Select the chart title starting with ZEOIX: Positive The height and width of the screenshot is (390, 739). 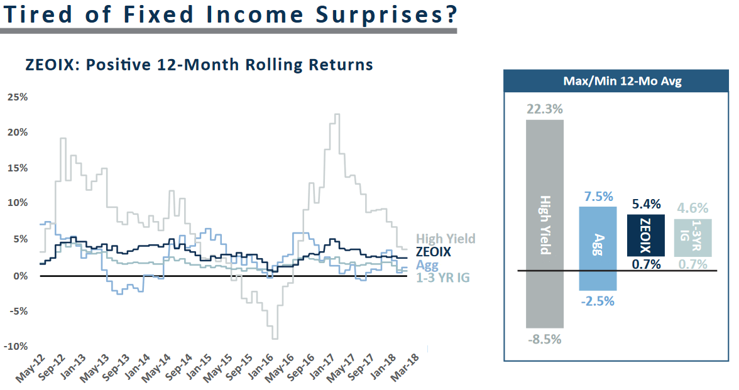coord(199,64)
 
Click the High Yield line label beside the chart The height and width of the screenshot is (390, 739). coord(446,239)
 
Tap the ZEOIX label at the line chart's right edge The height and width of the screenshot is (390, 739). coord(433,252)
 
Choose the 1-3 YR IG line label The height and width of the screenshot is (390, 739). coord(443,277)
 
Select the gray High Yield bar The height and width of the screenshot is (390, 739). coord(545,224)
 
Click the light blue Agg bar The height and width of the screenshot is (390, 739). coord(598,249)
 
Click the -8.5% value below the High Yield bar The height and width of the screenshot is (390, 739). coord(544,339)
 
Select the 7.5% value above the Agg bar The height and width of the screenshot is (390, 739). coord(598,197)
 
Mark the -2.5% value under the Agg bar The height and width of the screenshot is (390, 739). coord(598,301)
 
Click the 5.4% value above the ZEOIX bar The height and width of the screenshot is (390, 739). coord(647,205)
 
